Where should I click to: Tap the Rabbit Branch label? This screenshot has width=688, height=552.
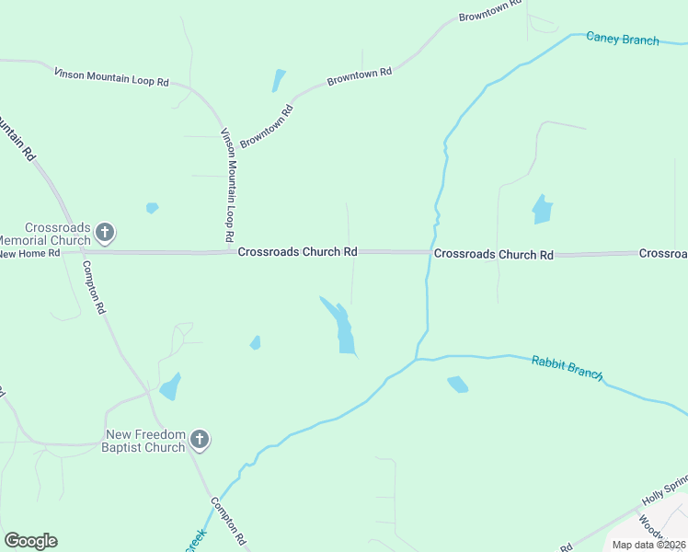click(568, 368)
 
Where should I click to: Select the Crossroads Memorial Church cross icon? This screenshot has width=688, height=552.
click(105, 232)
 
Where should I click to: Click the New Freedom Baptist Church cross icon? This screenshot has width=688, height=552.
click(200, 441)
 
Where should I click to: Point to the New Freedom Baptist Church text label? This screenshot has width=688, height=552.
click(145, 441)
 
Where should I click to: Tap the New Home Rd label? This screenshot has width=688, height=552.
click(29, 253)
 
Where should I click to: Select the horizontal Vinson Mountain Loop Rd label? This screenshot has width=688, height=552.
click(111, 76)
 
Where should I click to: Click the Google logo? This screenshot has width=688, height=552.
click(30, 541)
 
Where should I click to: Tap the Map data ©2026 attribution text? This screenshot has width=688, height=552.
click(649, 545)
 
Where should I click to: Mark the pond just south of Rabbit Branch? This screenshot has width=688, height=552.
click(457, 384)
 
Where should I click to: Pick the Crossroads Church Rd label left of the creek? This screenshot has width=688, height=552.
click(297, 251)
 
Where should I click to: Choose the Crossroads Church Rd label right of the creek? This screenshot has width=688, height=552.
click(494, 254)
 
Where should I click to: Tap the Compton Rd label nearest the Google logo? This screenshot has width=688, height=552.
click(229, 520)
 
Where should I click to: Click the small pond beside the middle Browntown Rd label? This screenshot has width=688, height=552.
click(278, 81)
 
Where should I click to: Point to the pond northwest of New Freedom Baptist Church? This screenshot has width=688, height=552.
click(170, 386)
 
